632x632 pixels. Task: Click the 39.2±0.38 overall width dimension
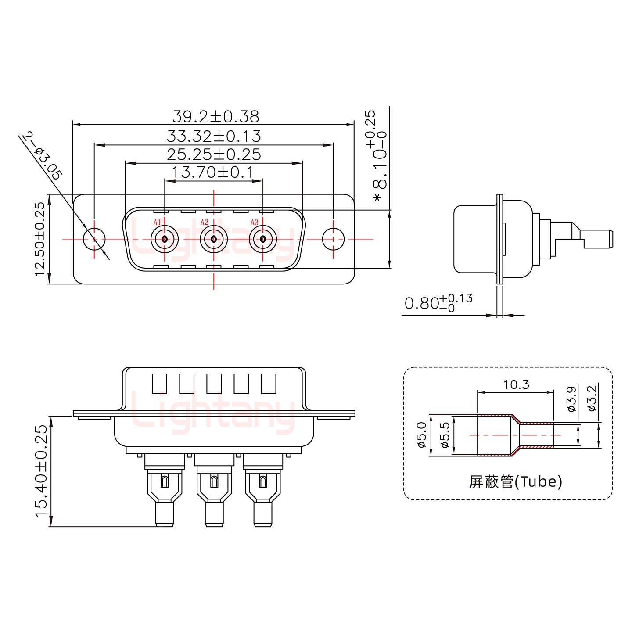pyautogui.click(x=215, y=116)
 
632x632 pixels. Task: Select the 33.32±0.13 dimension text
pyautogui.click(x=214, y=136)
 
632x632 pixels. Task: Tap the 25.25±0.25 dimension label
pyautogui.click(x=214, y=154)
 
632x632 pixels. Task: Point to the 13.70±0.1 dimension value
pyautogui.click(x=213, y=172)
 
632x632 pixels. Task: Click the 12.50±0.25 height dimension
pyautogui.click(x=40, y=239)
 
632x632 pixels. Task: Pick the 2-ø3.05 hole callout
pyautogui.click(x=42, y=155)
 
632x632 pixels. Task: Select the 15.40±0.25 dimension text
pyautogui.click(x=41, y=471)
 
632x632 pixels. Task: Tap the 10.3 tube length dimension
pyautogui.click(x=516, y=385)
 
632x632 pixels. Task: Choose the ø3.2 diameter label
pyautogui.click(x=592, y=398)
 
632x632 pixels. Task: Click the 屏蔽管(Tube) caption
pyautogui.click(x=515, y=482)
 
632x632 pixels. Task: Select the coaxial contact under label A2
pyautogui.click(x=213, y=239)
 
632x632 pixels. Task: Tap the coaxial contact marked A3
pyautogui.click(x=262, y=239)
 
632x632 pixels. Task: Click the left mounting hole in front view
pyautogui.click(x=94, y=239)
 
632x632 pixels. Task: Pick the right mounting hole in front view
pyautogui.click(x=334, y=239)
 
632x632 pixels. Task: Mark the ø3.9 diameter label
pyautogui.click(x=571, y=399)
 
